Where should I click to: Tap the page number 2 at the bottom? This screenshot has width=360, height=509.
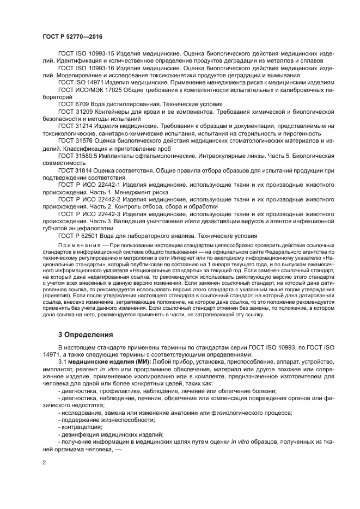pos(44,463)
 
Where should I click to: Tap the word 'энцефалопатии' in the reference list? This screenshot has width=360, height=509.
pos(84,229)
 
